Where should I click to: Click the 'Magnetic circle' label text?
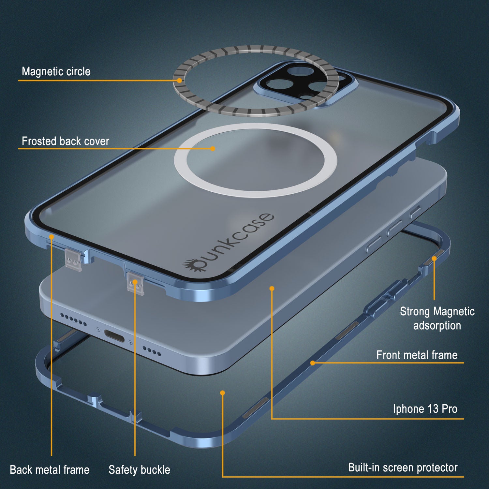tap(56, 72)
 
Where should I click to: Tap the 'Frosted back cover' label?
tap(65, 141)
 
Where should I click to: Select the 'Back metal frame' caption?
tap(50, 470)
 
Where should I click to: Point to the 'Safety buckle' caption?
tap(139, 470)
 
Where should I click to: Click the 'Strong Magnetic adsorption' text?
tap(437, 318)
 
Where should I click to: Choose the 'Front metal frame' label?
tap(417, 355)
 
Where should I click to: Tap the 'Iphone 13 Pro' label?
tap(425, 409)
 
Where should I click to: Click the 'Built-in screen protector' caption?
tap(403, 467)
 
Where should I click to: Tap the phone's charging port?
tap(114, 336)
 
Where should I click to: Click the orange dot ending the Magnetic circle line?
tap(179, 80)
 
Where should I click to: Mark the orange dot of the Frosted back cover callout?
tap(213, 149)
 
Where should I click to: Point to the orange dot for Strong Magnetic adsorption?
tap(434, 259)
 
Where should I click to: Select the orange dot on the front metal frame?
tap(313, 363)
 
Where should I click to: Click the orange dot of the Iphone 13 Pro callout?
tap(272, 289)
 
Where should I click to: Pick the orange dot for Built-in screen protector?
tap(222, 393)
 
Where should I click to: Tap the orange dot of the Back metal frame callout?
tap(52, 236)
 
